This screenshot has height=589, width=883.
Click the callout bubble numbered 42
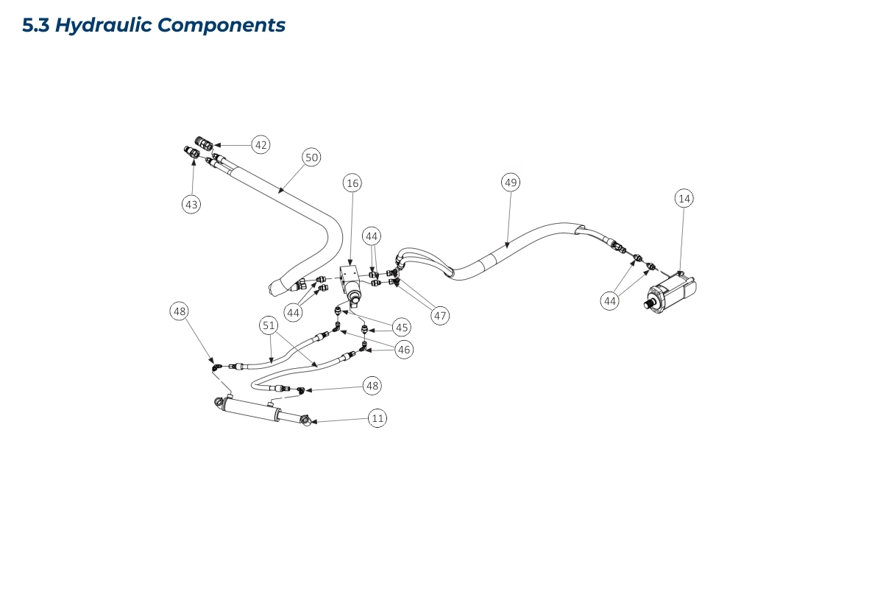coord(260,145)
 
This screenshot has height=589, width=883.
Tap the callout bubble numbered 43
coord(191,205)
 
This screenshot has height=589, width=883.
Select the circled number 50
coord(312,157)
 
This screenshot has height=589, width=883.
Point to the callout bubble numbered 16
coord(352,183)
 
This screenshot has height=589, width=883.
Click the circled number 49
coord(511,182)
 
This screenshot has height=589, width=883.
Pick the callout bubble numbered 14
coord(684,198)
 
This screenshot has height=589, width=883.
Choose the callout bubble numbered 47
coord(440,316)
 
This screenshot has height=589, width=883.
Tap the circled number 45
coord(401,326)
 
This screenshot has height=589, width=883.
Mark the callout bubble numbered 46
coord(404,350)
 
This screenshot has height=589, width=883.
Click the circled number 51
coord(269,325)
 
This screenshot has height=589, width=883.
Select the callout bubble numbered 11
coord(377,418)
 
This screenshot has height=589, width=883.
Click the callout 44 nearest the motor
coord(610,300)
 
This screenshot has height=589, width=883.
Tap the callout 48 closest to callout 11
coord(373,385)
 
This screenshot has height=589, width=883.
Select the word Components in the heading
coord(221,25)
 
